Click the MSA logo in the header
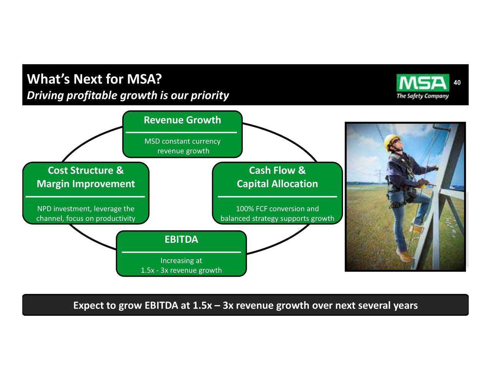click(x=422, y=83)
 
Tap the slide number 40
click(x=457, y=83)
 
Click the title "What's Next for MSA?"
click(x=94, y=79)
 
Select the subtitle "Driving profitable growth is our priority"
click(x=128, y=95)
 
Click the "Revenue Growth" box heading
click(x=182, y=120)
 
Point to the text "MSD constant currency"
click(x=182, y=141)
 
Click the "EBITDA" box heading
click(x=181, y=240)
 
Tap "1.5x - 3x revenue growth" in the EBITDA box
click(x=181, y=270)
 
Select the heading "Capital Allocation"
click(x=277, y=184)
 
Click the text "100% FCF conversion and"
click(x=277, y=209)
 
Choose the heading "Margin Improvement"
click(x=86, y=184)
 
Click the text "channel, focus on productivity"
click(x=86, y=219)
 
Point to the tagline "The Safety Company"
click(x=422, y=96)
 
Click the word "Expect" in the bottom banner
click(x=89, y=306)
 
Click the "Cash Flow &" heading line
click(x=277, y=170)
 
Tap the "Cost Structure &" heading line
click(x=86, y=170)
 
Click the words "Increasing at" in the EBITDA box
click(x=181, y=261)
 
